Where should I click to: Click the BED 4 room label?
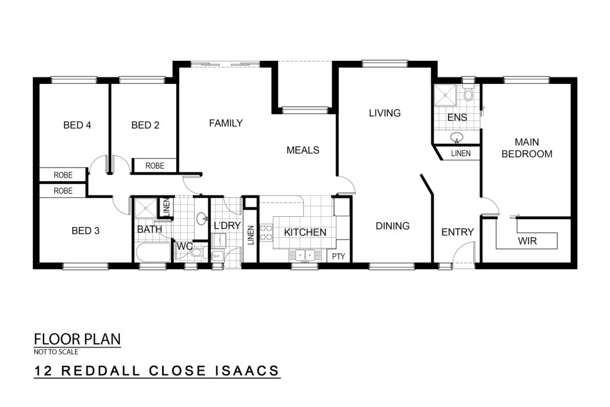[x=77, y=125]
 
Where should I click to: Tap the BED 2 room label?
[x=145, y=125]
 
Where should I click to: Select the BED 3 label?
[x=86, y=231]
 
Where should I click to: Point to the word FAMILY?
[x=226, y=123]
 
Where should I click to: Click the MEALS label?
[x=303, y=150]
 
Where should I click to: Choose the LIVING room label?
[x=385, y=113]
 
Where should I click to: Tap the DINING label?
[x=393, y=226]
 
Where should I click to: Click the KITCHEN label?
[x=305, y=232]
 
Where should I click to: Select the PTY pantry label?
[x=338, y=257]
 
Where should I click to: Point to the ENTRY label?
[x=457, y=232]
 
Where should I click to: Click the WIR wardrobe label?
[x=527, y=241]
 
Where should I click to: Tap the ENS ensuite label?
[x=457, y=117]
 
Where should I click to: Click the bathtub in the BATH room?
[x=153, y=253]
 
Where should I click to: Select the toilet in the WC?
[x=197, y=253]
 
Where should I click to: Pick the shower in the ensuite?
[x=444, y=95]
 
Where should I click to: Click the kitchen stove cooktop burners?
[x=266, y=232]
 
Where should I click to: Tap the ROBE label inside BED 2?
[x=155, y=166]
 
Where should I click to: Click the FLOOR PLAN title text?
[x=77, y=339]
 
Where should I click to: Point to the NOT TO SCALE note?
[x=56, y=352]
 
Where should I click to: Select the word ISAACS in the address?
[x=247, y=371]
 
